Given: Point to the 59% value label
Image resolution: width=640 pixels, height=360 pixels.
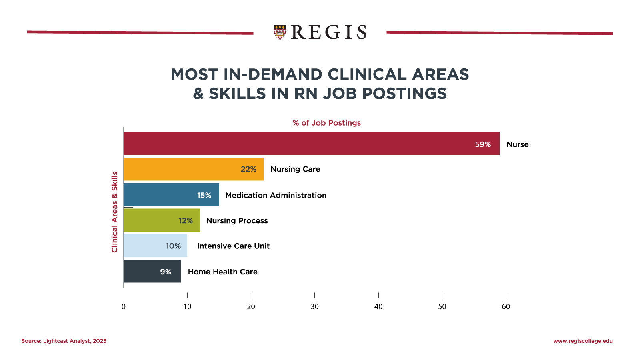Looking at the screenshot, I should point(483,144).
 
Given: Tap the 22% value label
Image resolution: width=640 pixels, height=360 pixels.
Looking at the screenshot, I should point(248,169).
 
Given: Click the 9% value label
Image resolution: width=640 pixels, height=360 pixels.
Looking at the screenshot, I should point(166,272).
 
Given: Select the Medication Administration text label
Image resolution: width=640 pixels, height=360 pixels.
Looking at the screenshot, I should point(276,195).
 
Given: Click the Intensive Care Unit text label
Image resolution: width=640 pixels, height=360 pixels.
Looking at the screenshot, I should point(233,246).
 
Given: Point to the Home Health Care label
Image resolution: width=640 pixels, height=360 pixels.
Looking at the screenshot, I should point(222,272).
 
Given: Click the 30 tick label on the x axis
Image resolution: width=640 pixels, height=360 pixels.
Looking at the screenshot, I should point(315,307).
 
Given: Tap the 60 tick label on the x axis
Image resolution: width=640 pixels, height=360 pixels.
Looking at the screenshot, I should point(506,307).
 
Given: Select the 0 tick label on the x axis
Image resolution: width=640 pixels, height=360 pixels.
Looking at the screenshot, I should point(124,307).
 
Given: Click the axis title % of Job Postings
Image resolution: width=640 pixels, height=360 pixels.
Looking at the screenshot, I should point(326,123).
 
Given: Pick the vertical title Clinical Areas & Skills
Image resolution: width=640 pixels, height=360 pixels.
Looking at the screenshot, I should point(115,212).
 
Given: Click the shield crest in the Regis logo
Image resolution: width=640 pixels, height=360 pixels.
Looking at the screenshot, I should point(280,32).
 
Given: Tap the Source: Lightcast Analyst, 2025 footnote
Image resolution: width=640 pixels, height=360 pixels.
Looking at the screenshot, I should point(64,341).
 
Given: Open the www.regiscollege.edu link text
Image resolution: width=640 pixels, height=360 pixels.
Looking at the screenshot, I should point(583,341).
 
